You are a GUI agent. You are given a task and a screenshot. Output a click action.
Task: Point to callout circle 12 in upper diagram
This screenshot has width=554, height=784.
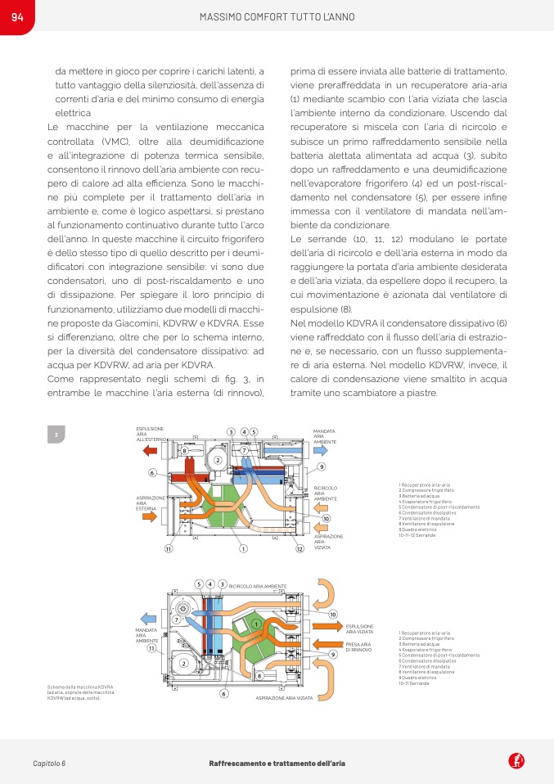(x=300, y=548)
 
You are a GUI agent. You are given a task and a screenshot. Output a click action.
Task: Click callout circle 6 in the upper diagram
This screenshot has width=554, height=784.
(x=152, y=472)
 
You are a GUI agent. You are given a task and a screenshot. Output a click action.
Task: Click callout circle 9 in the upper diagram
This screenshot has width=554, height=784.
(x=322, y=466)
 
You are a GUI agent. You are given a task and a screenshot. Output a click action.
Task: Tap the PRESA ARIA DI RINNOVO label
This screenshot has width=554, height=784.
(x=359, y=647)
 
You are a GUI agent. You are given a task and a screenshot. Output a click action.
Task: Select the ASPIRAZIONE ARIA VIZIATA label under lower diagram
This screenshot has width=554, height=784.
(x=284, y=697)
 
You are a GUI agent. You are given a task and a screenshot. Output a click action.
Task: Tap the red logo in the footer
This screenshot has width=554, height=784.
(x=516, y=762)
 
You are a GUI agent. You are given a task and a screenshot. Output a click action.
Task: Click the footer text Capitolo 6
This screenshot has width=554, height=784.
(x=49, y=763)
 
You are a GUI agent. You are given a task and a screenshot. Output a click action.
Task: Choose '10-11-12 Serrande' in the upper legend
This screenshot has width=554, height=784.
(x=417, y=534)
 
